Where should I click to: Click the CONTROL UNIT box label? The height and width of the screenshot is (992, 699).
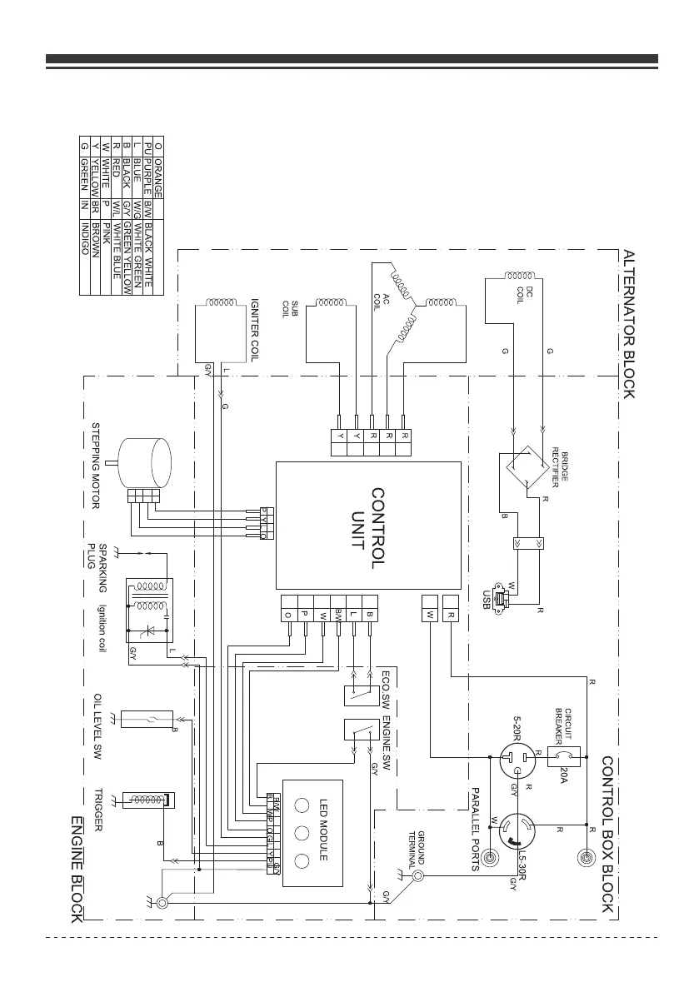pyautogui.click(x=369, y=528)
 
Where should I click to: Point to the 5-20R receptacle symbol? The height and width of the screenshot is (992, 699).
pyautogui.click(x=514, y=761)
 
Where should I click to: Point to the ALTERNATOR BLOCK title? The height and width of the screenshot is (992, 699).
pyautogui.click(x=629, y=324)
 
